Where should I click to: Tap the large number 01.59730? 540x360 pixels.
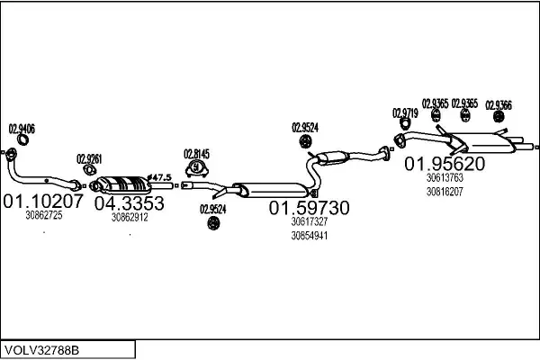(310, 208)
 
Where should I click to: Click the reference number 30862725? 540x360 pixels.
(44, 215)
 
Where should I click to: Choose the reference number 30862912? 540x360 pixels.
(130, 217)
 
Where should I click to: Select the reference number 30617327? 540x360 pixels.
(309, 221)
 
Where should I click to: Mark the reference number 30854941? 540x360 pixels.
(309, 236)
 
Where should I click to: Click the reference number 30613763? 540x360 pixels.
(445, 178)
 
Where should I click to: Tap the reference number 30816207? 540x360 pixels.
(445, 192)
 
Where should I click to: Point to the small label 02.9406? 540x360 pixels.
(22, 128)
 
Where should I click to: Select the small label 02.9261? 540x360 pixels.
(89, 157)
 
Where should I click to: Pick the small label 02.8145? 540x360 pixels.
(196, 153)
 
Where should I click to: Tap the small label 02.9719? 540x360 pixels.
(404, 112)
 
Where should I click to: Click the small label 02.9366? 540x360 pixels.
(499, 103)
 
